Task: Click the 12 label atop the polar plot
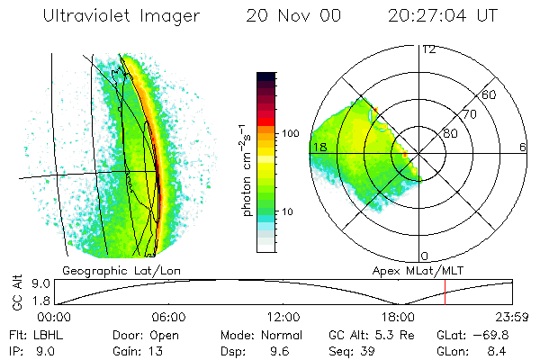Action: click(428, 49)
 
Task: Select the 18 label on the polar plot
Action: click(318, 147)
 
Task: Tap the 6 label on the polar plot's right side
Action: click(523, 147)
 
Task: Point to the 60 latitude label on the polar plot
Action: click(490, 94)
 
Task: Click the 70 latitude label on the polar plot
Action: click(470, 114)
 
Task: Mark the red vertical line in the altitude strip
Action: click(445, 292)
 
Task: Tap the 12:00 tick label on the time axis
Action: click(283, 317)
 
